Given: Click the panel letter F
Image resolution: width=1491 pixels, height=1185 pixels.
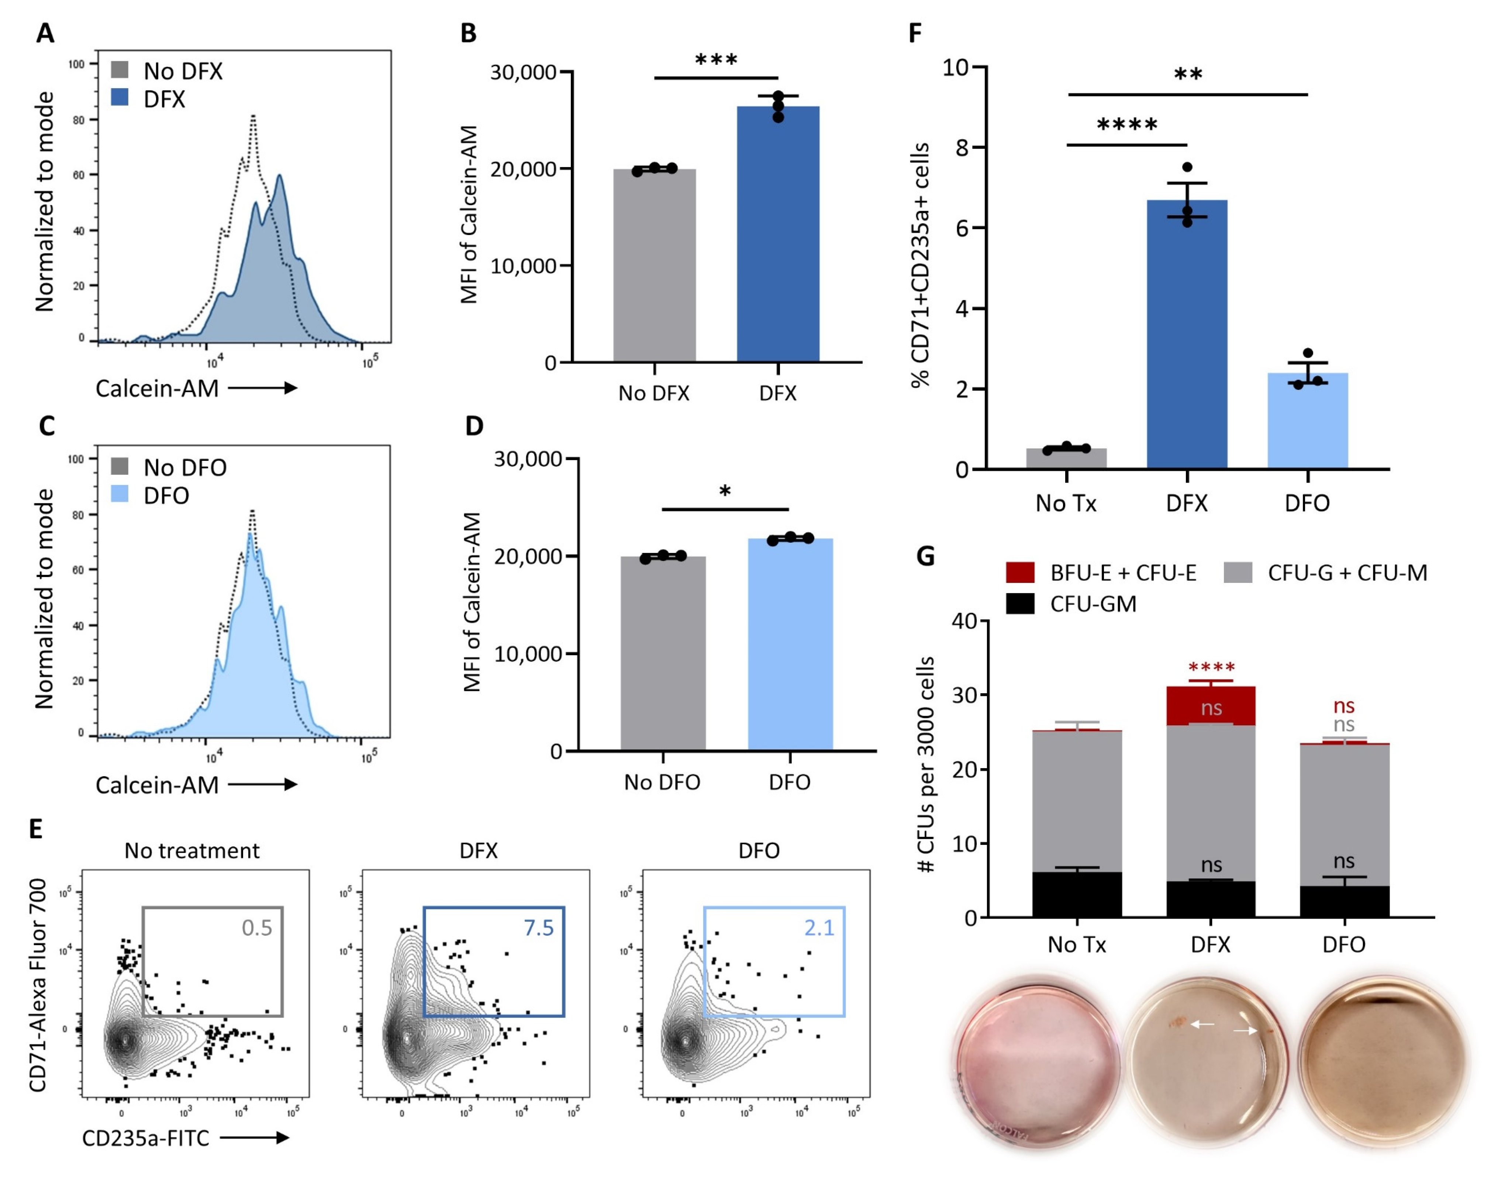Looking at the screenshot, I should pos(915,32).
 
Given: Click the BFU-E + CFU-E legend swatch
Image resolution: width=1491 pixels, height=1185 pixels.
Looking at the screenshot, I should pos(1020,573).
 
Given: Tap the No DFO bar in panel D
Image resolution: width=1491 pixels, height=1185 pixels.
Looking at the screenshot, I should pos(663,653).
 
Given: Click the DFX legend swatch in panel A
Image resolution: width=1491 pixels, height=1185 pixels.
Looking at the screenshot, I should pos(120,97).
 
